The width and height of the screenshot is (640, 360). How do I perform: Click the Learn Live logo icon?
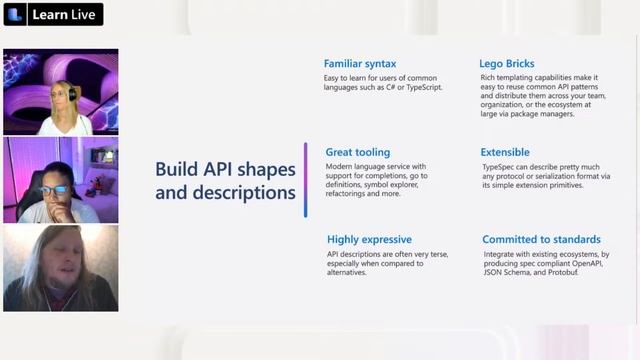pos(15,14)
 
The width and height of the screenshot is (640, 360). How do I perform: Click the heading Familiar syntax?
pos(358,64)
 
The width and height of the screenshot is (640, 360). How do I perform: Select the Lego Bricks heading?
pos(505,64)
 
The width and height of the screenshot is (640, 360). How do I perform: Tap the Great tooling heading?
pos(358,152)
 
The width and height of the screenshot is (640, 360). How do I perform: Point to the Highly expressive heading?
pos(368,239)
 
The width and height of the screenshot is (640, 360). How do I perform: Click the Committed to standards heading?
pos(541,239)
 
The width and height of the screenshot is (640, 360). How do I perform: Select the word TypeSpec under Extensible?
pos(499,166)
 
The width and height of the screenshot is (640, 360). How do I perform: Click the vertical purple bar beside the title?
pos(306,179)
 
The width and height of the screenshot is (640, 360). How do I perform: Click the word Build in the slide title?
pos(176,168)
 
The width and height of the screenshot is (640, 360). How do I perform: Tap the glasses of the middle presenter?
pos(54,189)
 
